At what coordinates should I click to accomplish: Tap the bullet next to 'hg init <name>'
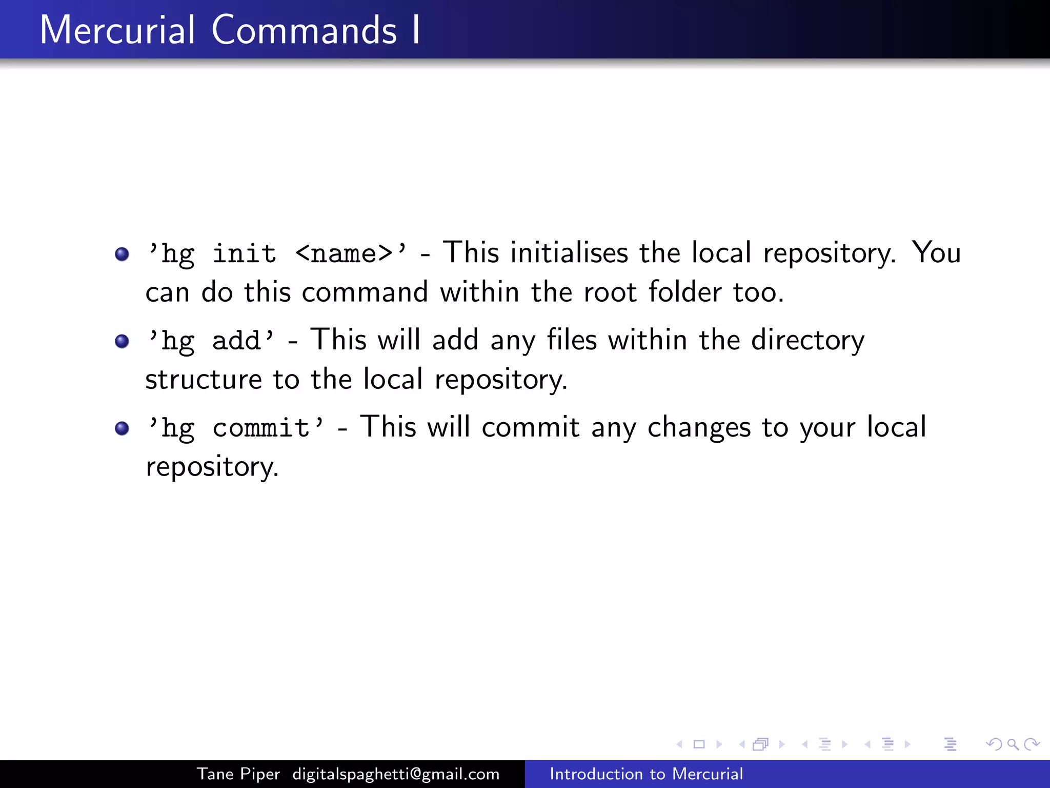pyautogui.click(x=122, y=254)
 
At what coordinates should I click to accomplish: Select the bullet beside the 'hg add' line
pyautogui.click(x=122, y=341)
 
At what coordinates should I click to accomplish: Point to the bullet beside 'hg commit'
pyautogui.click(x=122, y=428)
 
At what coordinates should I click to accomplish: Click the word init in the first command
pyautogui.click(x=244, y=253)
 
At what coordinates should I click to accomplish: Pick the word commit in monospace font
pyautogui.click(x=260, y=427)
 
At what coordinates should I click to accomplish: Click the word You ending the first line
pyautogui.click(x=936, y=253)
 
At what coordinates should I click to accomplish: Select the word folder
pyautogui.click(x=685, y=292)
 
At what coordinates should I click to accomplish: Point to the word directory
pyautogui.click(x=807, y=341)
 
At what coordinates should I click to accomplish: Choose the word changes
pyautogui.click(x=699, y=428)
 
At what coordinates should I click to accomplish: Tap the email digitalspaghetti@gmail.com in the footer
pyautogui.click(x=396, y=774)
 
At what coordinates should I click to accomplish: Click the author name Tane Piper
pyautogui.click(x=238, y=774)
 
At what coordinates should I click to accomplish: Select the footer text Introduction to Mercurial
pyautogui.click(x=646, y=774)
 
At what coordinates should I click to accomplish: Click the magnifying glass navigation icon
pyautogui.click(x=1013, y=744)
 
